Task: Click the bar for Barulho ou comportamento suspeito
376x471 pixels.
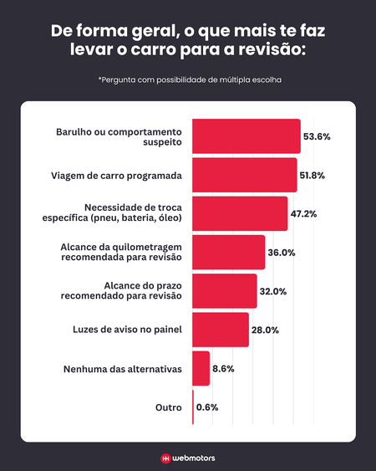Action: point(246,136)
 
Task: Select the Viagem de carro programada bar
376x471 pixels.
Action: point(244,175)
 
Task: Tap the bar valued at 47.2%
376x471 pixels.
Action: point(240,213)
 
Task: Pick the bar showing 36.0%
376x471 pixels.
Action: point(228,252)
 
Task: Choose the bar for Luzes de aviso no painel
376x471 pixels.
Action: point(221,330)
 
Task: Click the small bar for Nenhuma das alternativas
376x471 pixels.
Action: point(201,368)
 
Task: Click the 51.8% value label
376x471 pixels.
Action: point(313,175)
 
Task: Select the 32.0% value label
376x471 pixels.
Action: point(273,291)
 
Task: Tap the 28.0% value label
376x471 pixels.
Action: point(266,330)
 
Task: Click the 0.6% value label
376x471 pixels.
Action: point(207,407)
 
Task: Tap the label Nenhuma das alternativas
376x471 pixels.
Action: point(122,368)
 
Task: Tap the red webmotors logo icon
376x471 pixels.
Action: point(165,458)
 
